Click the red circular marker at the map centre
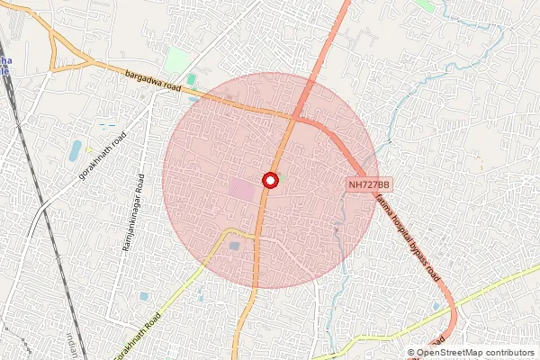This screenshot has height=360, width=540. [268, 181]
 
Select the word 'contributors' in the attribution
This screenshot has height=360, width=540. [513, 353]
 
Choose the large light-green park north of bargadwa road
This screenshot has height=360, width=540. [177, 61]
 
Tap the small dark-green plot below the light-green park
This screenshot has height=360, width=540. [192, 81]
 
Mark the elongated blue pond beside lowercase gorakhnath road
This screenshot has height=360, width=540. [76, 149]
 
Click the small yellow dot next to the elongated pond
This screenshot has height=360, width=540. [88, 149]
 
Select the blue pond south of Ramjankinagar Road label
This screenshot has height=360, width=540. [143, 296]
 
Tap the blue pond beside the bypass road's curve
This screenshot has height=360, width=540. [436, 307]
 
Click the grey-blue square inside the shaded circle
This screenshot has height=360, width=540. [235, 245]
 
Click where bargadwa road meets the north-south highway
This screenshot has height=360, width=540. [293, 118]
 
